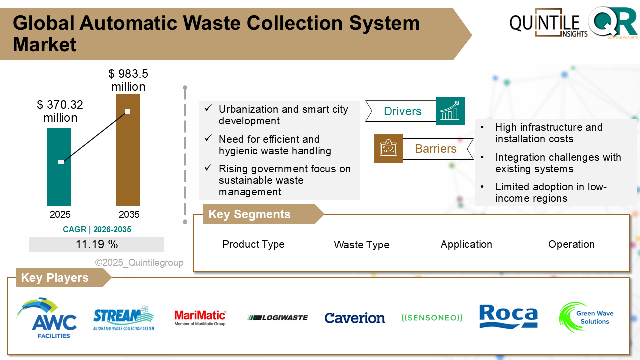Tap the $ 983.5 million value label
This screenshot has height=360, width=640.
click(x=128, y=80)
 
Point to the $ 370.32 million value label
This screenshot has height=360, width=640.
click(x=60, y=111)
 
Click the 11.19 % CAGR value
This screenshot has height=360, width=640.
click(x=96, y=244)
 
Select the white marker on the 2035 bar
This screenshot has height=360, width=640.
click(x=128, y=111)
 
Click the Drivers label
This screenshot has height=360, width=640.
click(x=402, y=111)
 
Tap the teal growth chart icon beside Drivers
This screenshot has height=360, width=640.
click(x=450, y=111)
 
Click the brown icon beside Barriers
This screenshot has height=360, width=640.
click(x=388, y=148)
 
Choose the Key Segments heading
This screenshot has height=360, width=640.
click(x=249, y=214)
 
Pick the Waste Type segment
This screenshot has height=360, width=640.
click(x=361, y=245)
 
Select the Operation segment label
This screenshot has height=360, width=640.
click(x=571, y=244)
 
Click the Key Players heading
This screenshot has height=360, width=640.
click(x=55, y=278)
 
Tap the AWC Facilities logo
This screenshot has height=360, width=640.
click(x=47, y=318)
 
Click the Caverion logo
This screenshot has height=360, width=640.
click(x=355, y=318)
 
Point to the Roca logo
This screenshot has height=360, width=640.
click(x=508, y=317)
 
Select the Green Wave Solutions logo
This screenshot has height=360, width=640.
click(x=586, y=317)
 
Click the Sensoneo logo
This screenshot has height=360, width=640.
click(x=432, y=318)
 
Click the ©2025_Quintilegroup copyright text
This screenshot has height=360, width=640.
click(x=139, y=263)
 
